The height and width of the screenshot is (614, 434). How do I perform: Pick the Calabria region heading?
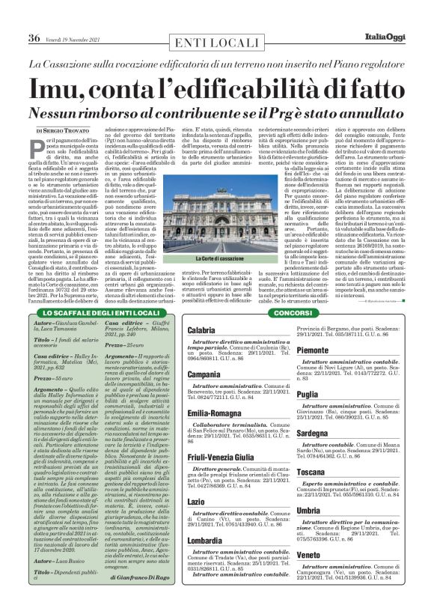[x=201, y=330]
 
